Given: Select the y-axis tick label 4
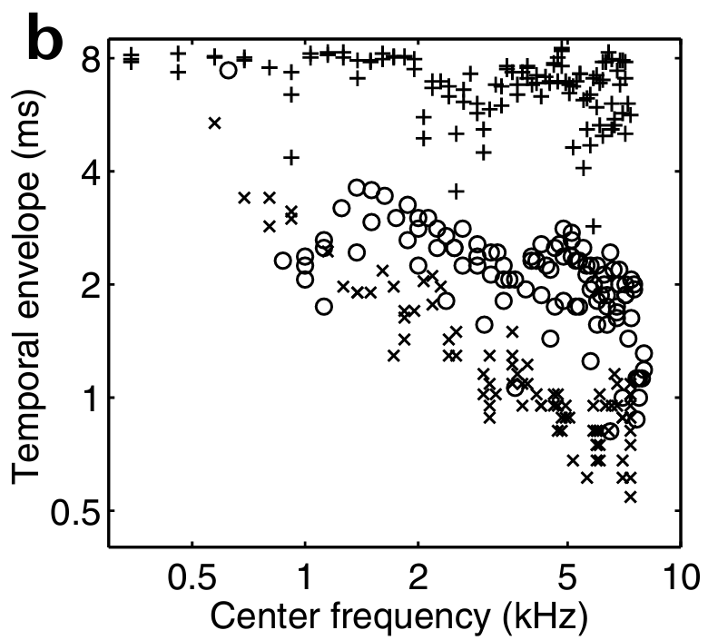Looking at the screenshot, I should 85,172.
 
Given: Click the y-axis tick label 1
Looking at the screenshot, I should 85,398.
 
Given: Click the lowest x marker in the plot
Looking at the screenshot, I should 630,496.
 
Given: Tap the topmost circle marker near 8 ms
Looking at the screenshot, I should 229,70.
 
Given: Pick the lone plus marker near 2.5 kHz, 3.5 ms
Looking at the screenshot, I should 457,191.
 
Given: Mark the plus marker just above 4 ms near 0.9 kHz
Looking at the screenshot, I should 291,157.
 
